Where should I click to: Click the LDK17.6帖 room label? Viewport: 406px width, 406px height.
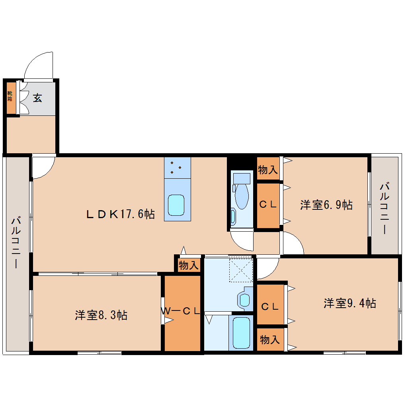tap(121, 214)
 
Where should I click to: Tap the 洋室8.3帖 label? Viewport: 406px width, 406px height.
tap(101, 315)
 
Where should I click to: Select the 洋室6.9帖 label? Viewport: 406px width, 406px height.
tap(326, 205)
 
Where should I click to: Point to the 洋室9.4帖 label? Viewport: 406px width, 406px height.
tap(349, 303)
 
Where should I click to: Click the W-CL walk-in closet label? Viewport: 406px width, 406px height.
tap(181, 311)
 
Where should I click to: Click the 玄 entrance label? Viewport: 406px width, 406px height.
tap(37, 98)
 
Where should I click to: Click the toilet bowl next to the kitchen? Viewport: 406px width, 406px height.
tap(241, 195)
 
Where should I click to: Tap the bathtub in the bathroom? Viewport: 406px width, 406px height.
tap(241, 333)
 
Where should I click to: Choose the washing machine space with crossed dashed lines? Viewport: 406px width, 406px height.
tap(241, 270)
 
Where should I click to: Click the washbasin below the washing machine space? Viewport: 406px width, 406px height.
tap(244, 299)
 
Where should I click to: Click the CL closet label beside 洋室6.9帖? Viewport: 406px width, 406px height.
tap(268, 205)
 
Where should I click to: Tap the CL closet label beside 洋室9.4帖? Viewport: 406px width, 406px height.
tap(270, 306)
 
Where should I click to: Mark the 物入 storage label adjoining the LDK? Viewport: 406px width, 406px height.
tap(188, 265)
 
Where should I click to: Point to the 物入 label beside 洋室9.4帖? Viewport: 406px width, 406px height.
tap(270, 340)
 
